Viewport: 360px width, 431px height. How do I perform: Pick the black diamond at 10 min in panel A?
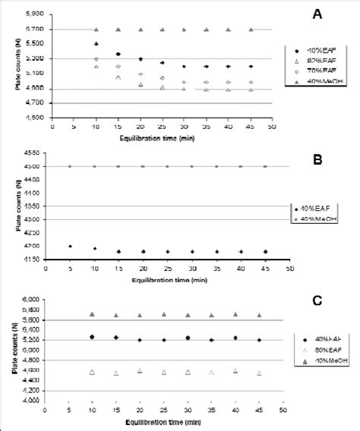coord(96,44)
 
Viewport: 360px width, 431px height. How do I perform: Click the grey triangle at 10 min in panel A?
coord(96,30)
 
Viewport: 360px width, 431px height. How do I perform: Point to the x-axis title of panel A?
coord(153,139)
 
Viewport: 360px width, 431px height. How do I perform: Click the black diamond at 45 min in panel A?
coord(251,67)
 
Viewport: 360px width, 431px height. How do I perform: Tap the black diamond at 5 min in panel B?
coord(70,246)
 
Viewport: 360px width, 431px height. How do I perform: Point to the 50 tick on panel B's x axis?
coord(289,269)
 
